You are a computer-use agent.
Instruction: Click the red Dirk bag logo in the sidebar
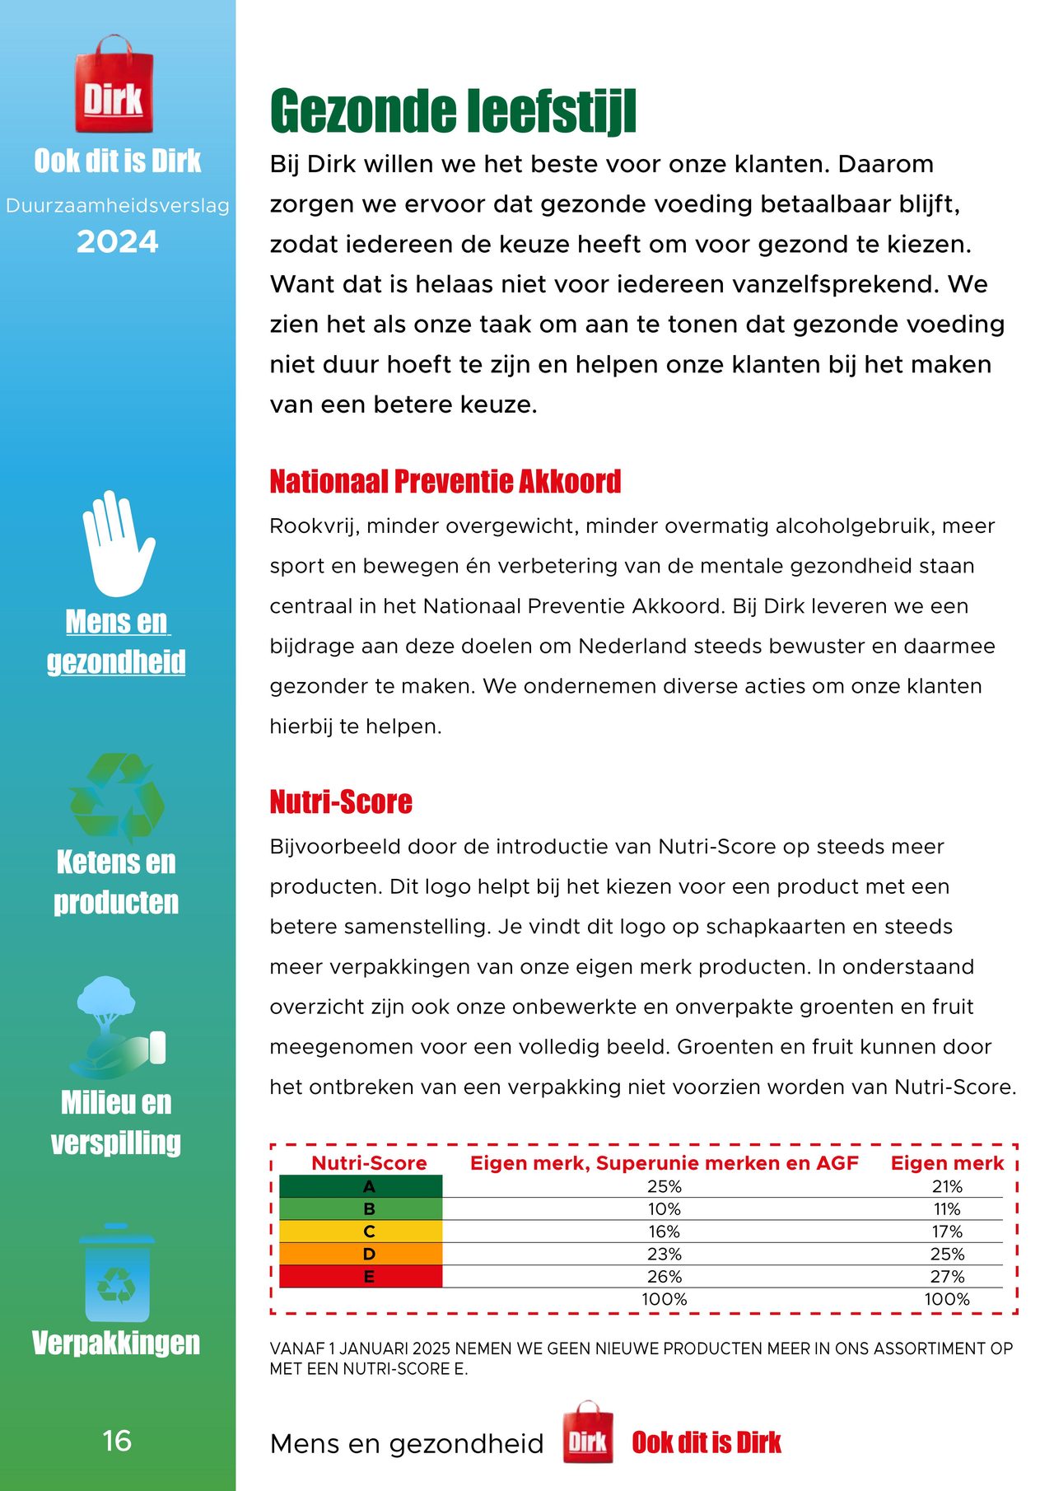pyautogui.click(x=114, y=86)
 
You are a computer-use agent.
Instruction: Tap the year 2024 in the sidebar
pyautogui.click(x=117, y=242)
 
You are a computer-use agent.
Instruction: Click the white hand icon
pyautogui.click(x=117, y=544)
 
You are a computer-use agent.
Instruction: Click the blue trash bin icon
pyautogui.click(x=117, y=1273)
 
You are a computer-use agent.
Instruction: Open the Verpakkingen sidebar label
pyautogui.click(x=116, y=1343)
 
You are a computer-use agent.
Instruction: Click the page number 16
pyautogui.click(x=117, y=1441)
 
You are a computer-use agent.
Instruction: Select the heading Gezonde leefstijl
pyautogui.click(x=453, y=111)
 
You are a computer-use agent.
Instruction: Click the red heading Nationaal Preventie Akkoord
pyautogui.click(x=445, y=482)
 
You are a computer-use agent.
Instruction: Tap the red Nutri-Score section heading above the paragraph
pyautogui.click(x=341, y=802)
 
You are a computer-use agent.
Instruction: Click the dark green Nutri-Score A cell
pyautogui.click(x=361, y=1186)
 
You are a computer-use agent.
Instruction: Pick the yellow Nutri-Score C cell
pyautogui.click(x=361, y=1232)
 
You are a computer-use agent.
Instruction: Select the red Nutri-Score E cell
pyautogui.click(x=361, y=1277)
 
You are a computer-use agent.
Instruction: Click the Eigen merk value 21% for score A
pyautogui.click(x=947, y=1186)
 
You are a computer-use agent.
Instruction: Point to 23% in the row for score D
pyautogui.click(x=664, y=1254)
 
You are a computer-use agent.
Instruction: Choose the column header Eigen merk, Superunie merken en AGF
pyautogui.click(x=664, y=1163)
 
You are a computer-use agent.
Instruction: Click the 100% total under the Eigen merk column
pyautogui.click(x=947, y=1299)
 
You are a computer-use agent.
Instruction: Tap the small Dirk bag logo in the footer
pyautogui.click(x=588, y=1433)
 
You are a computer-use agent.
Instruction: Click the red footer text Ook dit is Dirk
pyautogui.click(x=707, y=1442)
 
